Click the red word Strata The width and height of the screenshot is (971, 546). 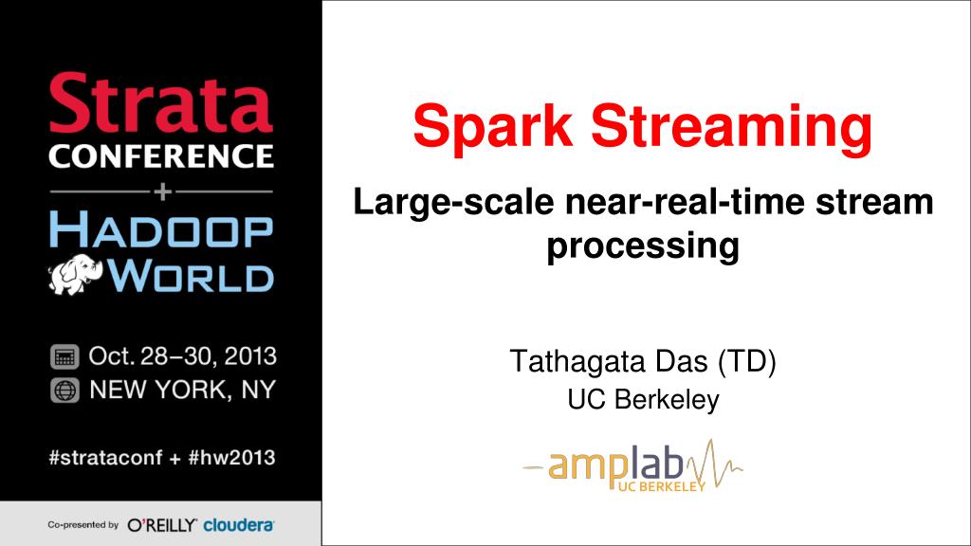[161, 102]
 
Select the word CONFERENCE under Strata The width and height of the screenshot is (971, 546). [161, 156]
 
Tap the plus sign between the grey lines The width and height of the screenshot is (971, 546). [162, 191]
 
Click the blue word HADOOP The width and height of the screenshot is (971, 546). [161, 229]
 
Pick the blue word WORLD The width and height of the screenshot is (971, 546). [190, 276]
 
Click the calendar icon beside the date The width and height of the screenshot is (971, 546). [64, 357]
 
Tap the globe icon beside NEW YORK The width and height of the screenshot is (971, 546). [64, 391]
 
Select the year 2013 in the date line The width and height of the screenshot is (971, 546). [250, 356]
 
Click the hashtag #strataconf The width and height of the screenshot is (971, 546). [105, 458]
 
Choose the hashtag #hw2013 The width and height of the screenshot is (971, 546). [231, 458]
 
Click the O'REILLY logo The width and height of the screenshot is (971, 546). [161, 525]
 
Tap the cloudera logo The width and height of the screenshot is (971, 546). [238, 525]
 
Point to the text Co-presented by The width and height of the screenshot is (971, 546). [83, 525]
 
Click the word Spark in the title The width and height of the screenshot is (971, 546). [493, 127]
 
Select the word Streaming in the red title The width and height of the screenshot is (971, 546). [731, 127]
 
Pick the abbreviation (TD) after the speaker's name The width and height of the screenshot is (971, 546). [747, 361]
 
